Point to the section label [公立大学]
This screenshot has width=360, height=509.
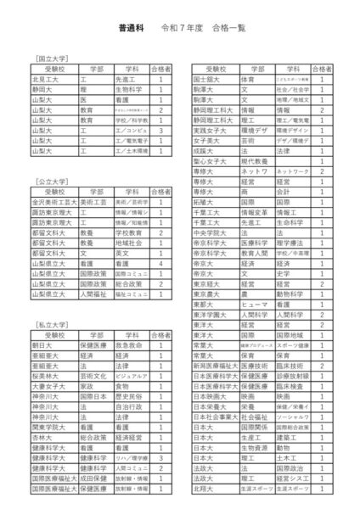(53, 181)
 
